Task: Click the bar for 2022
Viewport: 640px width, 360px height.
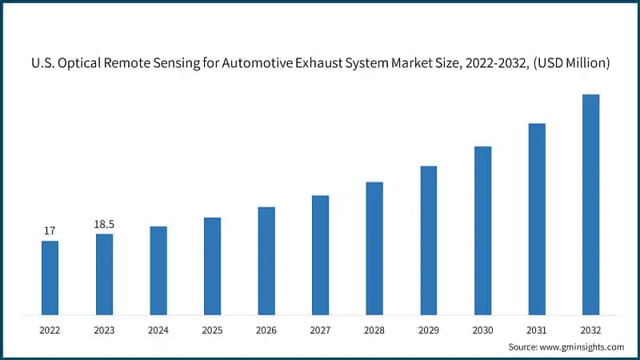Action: (50, 277)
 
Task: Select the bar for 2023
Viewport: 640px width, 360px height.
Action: (104, 274)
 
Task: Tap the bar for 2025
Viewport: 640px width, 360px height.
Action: (212, 266)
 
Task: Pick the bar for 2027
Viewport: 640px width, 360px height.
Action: (320, 254)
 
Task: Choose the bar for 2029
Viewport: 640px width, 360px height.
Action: (429, 240)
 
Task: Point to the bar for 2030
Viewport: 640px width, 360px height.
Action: (482, 230)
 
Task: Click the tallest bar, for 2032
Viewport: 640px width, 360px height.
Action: (590, 204)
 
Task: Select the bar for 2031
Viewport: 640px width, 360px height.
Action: (537, 218)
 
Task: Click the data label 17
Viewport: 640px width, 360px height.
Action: (50, 231)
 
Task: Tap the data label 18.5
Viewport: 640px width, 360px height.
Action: (104, 225)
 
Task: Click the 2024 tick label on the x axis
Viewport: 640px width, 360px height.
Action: (158, 329)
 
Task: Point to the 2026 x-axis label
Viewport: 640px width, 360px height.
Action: (266, 329)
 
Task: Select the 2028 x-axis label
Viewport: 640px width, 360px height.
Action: (374, 329)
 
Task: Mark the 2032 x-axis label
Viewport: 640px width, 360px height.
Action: (590, 329)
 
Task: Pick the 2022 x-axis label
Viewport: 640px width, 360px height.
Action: (50, 329)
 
